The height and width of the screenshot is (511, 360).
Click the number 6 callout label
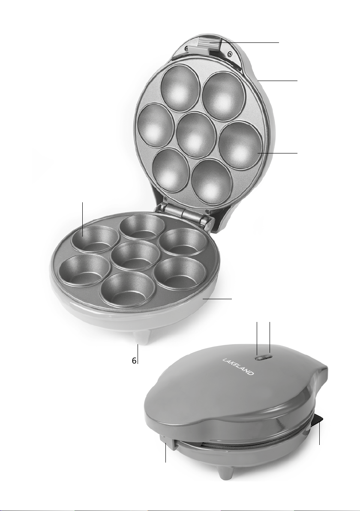click(134, 361)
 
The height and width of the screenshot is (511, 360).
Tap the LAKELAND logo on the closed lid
click(238, 367)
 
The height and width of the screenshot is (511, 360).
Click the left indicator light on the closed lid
click(260, 358)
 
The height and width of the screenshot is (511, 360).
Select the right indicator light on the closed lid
click(267, 357)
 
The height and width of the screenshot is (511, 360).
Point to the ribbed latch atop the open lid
click(209, 44)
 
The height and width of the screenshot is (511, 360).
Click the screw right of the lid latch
click(230, 54)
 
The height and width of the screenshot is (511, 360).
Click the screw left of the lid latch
click(186, 48)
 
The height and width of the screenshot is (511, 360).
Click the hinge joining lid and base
click(184, 213)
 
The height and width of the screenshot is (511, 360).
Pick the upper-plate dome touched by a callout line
click(240, 145)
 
